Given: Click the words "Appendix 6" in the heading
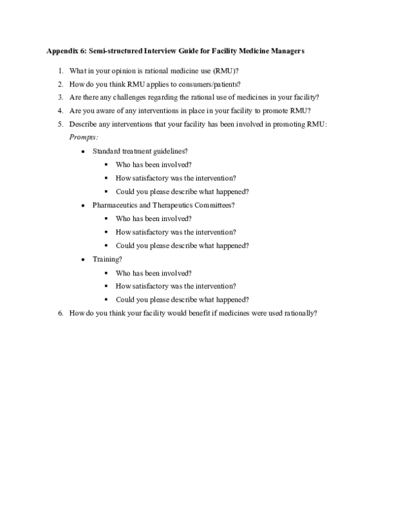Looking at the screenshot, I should pyautogui.click(x=63, y=51).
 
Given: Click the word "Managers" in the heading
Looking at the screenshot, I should pyautogui.click(x=285, y=51).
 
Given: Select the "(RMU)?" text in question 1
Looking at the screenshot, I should pyautogui.click(x=226, y=70).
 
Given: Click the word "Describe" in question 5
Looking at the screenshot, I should pyautogui.click(x=82, y=125).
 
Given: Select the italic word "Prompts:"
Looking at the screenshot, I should pyautogui.click(x=83, y=137).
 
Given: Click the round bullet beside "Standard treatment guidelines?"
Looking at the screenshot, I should pyautogui.click(x=82, y=152).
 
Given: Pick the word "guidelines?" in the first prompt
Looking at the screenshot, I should pyautogui.click(x=173, y=151).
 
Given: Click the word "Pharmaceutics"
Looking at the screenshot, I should pyautogui.click(x=114, y=205).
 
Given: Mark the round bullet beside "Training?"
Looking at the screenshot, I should pyautogui.click(x=82, y=260).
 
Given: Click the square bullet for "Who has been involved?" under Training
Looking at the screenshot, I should pyautogui.click(x=106, y=273).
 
